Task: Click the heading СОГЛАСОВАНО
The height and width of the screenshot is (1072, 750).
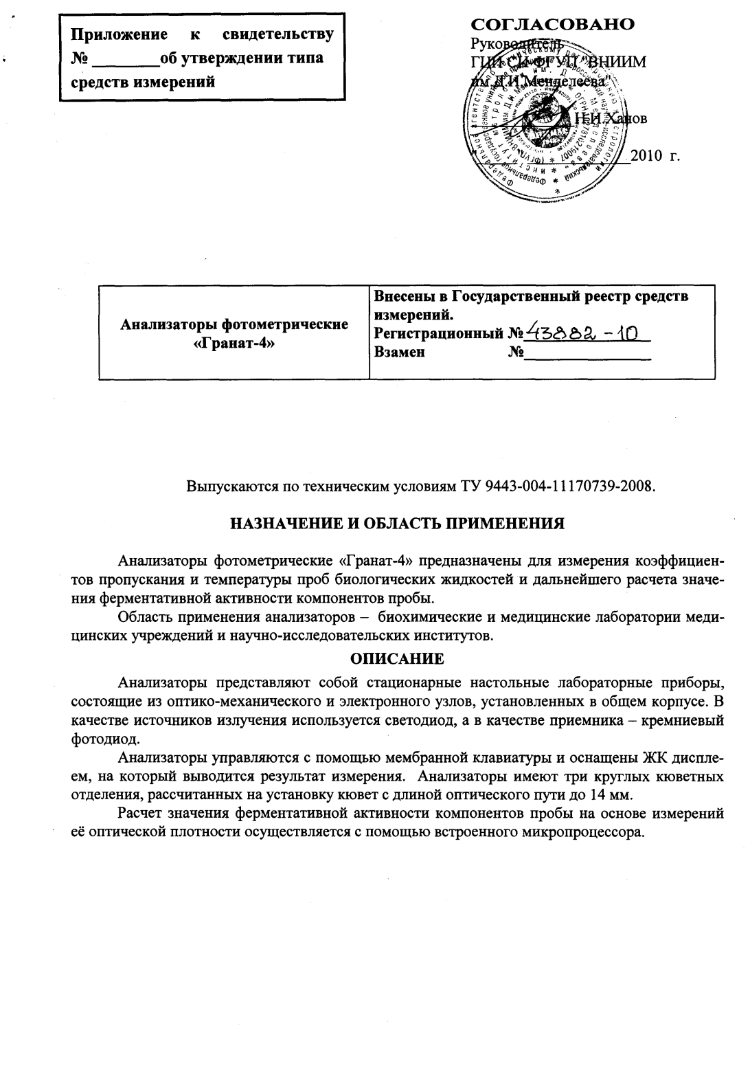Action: point(552,25)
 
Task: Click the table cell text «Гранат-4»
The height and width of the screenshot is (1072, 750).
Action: point(234,342)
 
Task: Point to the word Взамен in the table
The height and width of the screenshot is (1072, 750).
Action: point(399,353)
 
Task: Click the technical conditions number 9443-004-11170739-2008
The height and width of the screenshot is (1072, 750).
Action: point(569,487)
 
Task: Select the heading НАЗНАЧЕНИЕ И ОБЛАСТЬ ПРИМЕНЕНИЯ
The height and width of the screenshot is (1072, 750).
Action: point(397,524)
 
